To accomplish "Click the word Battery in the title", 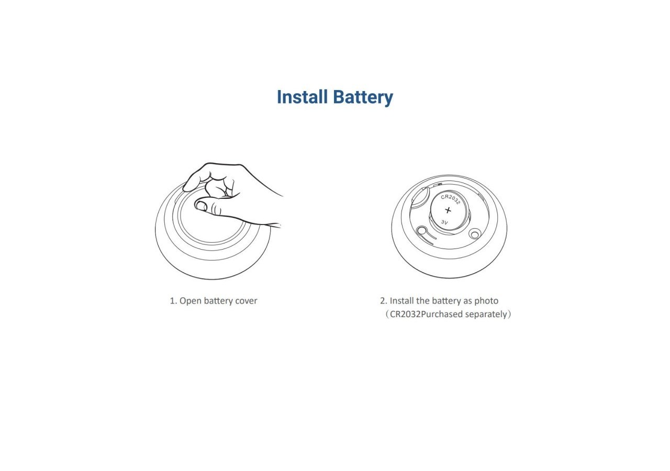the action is point(363,98).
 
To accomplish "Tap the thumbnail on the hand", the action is point(200,206).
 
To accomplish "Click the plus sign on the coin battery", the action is point(448,210).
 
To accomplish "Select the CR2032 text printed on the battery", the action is point(450,199).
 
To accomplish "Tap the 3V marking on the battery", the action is point(444,222).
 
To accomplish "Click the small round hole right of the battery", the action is point(475,233).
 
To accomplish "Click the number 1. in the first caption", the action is point(173,301).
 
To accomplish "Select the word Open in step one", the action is point(191,301).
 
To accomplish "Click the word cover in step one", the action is point(246,301).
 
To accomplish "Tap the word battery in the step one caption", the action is point(218,301).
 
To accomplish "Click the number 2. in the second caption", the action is point(384,301).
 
